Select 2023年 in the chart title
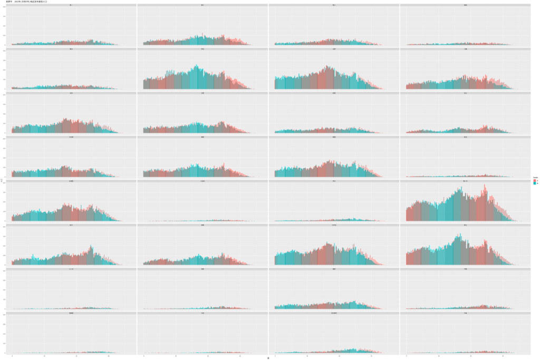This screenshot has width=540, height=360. tap(18, 2)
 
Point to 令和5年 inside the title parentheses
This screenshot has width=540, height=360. tap(28, 2)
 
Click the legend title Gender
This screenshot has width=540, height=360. tap(535, 177)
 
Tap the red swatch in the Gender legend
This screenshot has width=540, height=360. tap(534, 180)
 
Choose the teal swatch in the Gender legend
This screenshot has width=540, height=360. tap(534, 183)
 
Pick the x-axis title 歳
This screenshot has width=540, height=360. tap(268, 358)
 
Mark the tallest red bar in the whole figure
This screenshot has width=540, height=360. tap(485, 184)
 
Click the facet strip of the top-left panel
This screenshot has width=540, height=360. tap(71, 5)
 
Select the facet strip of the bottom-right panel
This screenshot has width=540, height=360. tap(465, 313)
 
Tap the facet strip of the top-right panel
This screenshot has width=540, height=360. tap(465, 5)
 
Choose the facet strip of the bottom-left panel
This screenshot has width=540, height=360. tap(71, 313)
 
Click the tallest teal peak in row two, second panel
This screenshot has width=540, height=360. tap(197, 65)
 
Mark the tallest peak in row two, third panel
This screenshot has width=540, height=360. tap(327, 66)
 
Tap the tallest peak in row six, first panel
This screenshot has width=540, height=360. tap(91, 246)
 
